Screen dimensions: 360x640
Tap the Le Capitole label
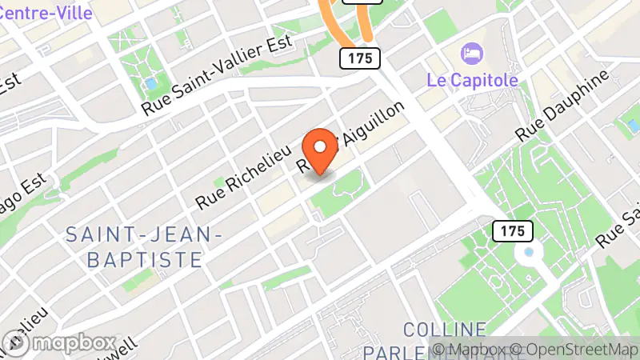pyautogui.click(x=471, y=81)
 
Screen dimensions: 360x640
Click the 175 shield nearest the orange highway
pyautogui.click(x=358, y=58)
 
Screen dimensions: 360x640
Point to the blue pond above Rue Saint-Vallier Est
pyautogui.click(x=150, y=83)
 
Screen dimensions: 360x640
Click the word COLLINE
pyautogui.click(x=445, y=329)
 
